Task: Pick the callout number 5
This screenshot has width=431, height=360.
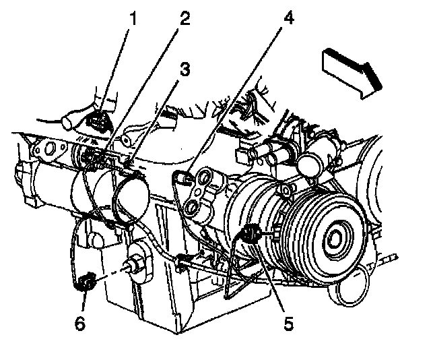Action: tap(288, 324)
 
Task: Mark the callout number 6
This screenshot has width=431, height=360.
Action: tap(80, 324)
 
